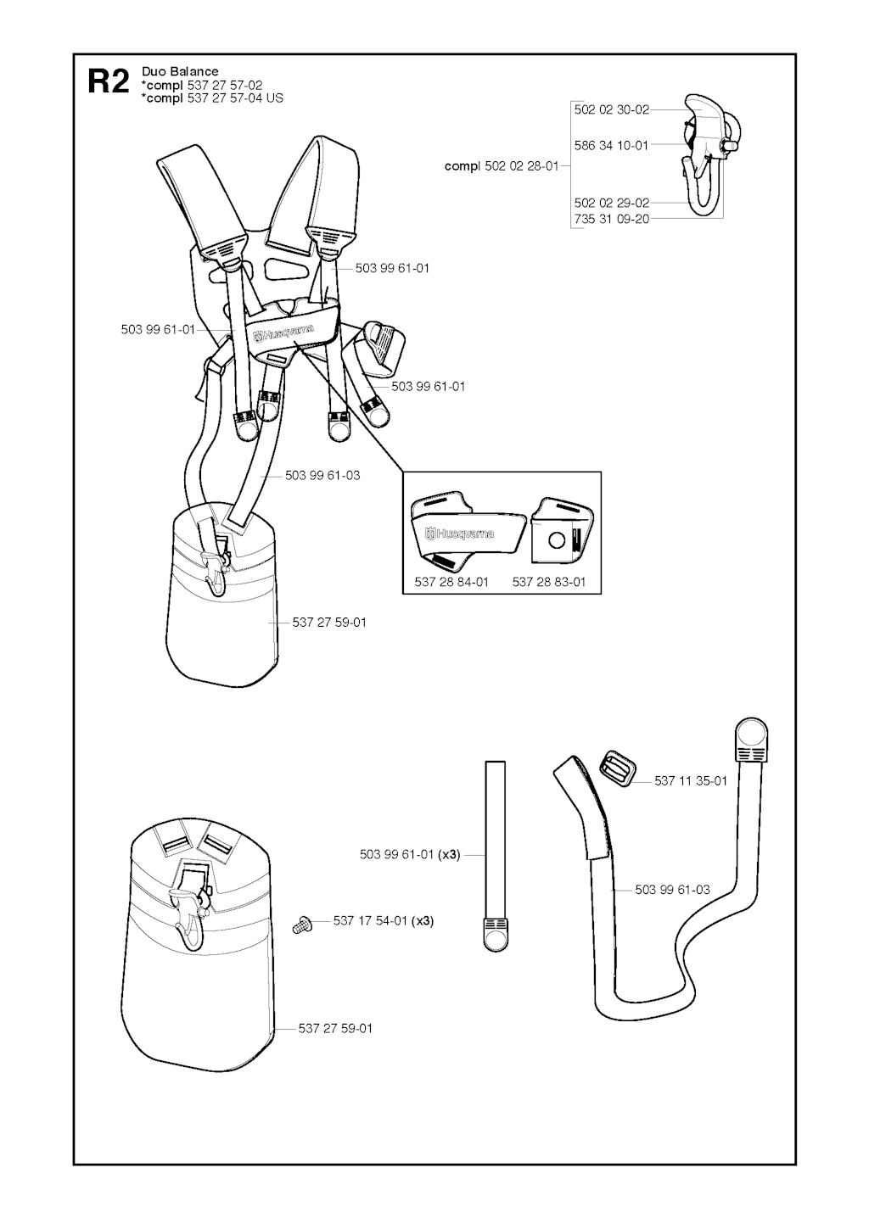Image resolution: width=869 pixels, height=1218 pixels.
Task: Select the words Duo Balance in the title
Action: (180, 71)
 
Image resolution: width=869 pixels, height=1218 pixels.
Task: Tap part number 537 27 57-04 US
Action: (235, 98)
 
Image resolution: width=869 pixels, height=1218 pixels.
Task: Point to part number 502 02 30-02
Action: (612, 109)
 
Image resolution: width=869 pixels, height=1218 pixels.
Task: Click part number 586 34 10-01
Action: (612, 145)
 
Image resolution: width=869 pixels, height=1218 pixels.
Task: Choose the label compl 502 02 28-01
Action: (502, 166)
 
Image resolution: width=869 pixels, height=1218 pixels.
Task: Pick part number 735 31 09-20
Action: (612, 219)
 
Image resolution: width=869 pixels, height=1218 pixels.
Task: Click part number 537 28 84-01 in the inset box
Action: (451, 582)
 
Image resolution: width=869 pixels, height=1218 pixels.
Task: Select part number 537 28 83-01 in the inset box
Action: (549, 582)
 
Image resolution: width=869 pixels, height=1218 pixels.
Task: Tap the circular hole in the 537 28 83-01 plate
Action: (557, 540)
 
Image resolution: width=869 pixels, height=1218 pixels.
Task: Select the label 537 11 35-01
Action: (691, 781)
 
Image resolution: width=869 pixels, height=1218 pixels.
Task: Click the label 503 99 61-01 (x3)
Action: (410, 855)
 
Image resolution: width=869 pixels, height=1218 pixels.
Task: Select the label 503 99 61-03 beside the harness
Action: (322, 475)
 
